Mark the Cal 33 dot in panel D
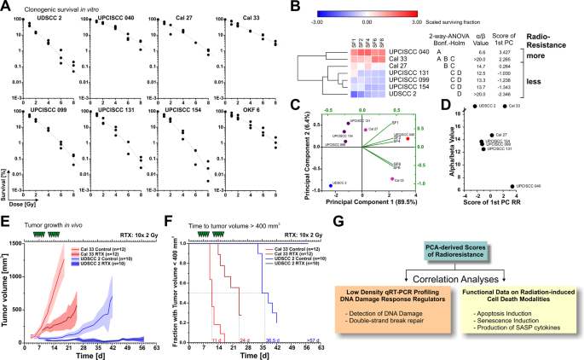click(x=503, y=106)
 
